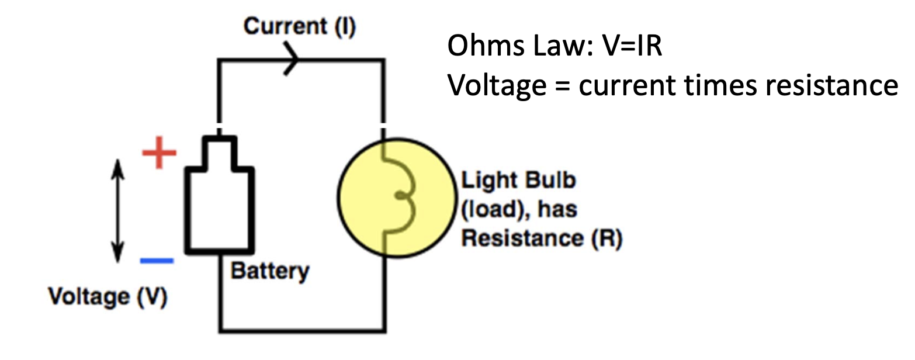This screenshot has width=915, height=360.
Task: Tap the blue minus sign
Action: tap(157, 260)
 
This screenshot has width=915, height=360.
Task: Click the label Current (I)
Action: tap(299, 27)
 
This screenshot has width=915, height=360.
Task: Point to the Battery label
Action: tap(269, 271)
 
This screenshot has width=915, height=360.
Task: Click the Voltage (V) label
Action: tap(108, 297)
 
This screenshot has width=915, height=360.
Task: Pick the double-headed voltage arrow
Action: tap(118, 212)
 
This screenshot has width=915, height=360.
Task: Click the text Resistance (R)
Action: tap(542, 239)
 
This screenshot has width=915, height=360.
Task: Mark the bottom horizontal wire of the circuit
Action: tap(302, 331)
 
